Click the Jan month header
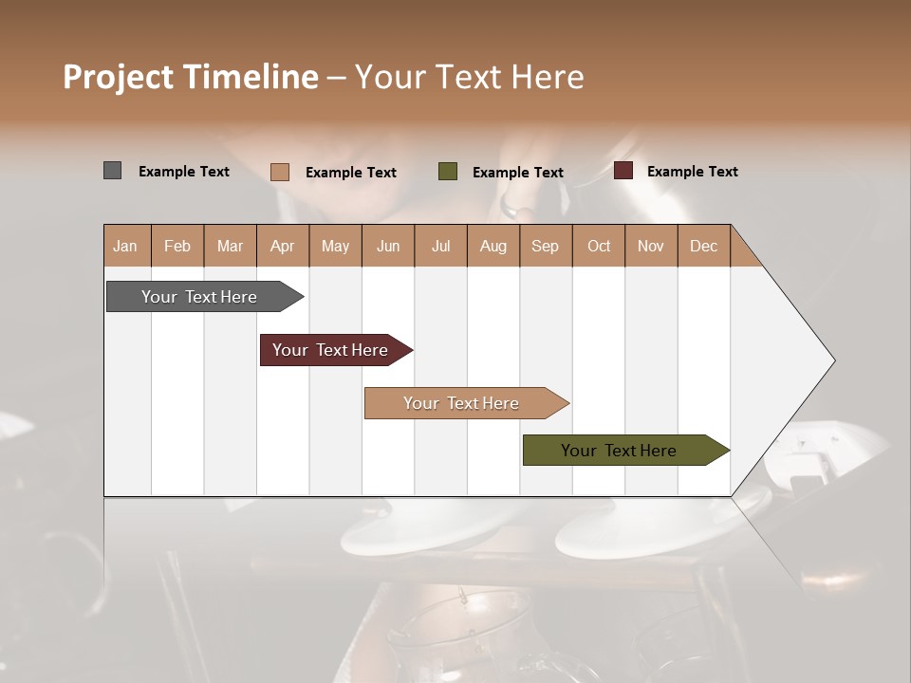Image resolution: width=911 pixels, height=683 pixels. (x=125, y=246)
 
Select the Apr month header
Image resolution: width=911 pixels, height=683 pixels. (x=282, y=246)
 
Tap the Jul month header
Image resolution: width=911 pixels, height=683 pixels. (x=440, y=246)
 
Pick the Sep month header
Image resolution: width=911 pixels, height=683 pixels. (x=545, y=246)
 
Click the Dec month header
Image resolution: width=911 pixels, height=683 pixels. (x=703, y=246)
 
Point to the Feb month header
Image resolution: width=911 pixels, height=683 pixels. (x=177, y=246)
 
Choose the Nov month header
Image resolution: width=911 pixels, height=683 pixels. (x=650, y=246)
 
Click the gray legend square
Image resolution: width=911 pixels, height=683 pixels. (x=112, y=171)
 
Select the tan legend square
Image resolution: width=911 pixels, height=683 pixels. (x=279, y=172)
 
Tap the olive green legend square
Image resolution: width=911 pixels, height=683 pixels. (x=448, y=172)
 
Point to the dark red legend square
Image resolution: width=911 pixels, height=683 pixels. (x=623, y=171)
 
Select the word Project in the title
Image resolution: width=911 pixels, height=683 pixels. (x=118, y=77)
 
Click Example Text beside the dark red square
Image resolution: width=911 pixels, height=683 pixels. (x=692, y=172)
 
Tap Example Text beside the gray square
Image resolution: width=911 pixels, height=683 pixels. (x=183, y=172)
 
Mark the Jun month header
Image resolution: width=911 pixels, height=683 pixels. (x=387, y=246)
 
